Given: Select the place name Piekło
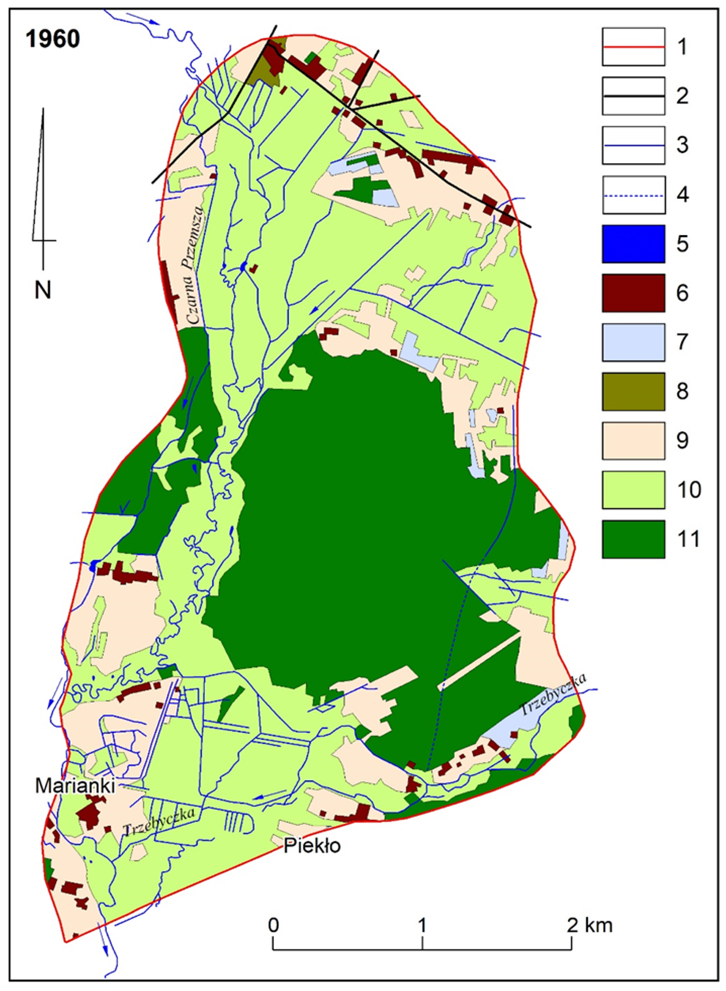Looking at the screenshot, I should [312, 846].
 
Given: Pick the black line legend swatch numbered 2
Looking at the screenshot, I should [633, 96].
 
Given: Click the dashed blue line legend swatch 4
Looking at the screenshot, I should [633, 195].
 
